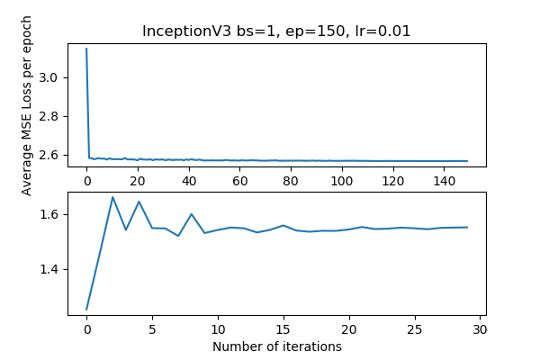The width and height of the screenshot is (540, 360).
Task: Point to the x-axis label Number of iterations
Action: (277, 346)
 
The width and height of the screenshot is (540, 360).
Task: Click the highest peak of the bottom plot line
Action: (112, 197)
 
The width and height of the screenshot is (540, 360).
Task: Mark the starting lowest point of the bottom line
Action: (86, 310)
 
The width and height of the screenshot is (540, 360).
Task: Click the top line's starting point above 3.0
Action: (86, 49)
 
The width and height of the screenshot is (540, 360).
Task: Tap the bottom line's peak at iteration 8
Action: (192, 214)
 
